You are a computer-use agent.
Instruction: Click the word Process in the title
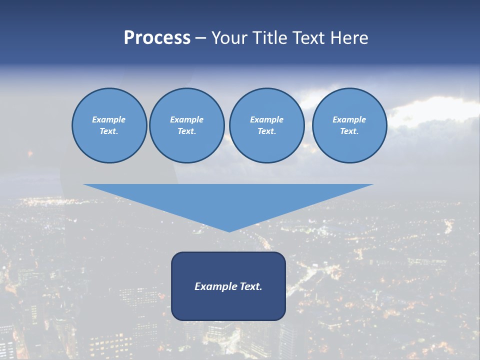click(157, 38)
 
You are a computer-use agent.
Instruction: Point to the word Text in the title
click(308, 38)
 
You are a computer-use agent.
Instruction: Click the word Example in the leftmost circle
click(108, 119)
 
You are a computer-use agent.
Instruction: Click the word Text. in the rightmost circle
click(349, 131)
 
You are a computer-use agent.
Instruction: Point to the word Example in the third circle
click(266, 119)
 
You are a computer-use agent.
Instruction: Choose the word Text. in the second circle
click(186, 131)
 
